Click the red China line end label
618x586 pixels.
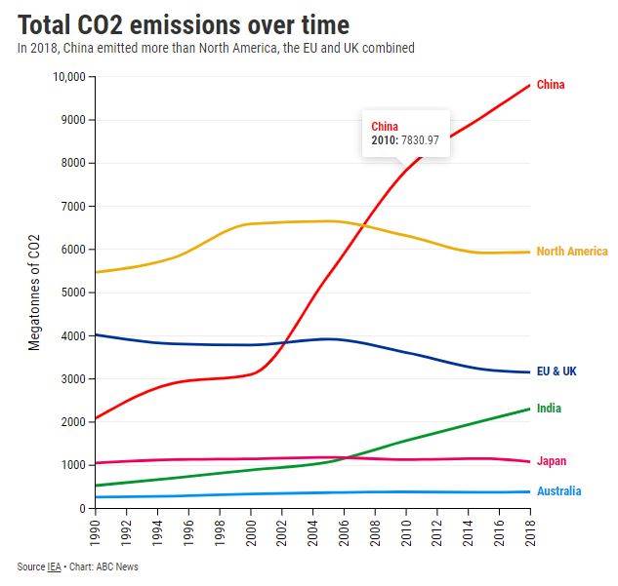point(551,85)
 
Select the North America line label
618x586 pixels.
point(572,252)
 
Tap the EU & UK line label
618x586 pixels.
point(556,371)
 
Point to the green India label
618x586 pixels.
point(549,409)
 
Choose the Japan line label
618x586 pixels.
point(551,461)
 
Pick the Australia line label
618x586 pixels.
point(558,491)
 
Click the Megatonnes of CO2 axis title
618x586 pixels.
point(34,293)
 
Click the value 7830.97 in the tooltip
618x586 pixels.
point(419,140)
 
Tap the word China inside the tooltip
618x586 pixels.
point(386,127)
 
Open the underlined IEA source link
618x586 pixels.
point(54,567)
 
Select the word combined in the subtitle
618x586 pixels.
point(387,48)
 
